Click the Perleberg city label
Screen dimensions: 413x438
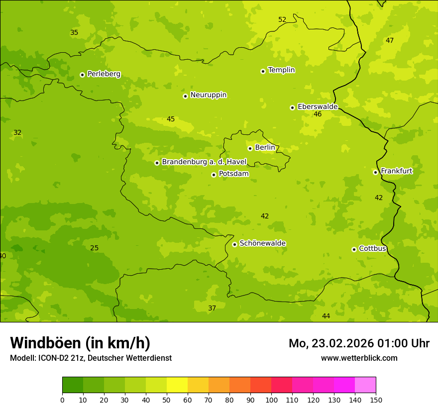[x=104, y=74]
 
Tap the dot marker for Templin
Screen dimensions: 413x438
[x=263, y=71]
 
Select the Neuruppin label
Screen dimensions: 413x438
[x=208, y=95]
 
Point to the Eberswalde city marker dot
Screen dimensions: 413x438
[x=292, y=107]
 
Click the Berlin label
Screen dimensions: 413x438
[x=265, y=147]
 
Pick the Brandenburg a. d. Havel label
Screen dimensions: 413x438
[x=204, y=162]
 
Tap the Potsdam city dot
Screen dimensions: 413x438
[x=214, y=175]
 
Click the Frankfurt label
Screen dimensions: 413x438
[x=396, y=171]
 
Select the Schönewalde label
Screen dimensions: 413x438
[x=262, y=243]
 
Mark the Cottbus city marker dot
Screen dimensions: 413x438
[x=354, y=249]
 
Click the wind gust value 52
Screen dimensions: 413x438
[x=282, y=19]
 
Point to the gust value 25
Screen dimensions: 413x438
[x=94, y=248]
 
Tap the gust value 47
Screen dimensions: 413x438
[x=390, y=40]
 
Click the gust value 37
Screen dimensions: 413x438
[x=212, y=308]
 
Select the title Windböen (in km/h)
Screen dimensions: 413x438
[x=80, y=343]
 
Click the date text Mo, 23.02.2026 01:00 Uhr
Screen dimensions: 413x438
[x=359, y=343]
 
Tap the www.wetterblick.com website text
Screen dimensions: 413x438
[x=359, y=358]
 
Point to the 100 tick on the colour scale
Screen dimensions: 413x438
[x=271, y=400]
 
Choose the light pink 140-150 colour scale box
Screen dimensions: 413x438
[x=365, y=385]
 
